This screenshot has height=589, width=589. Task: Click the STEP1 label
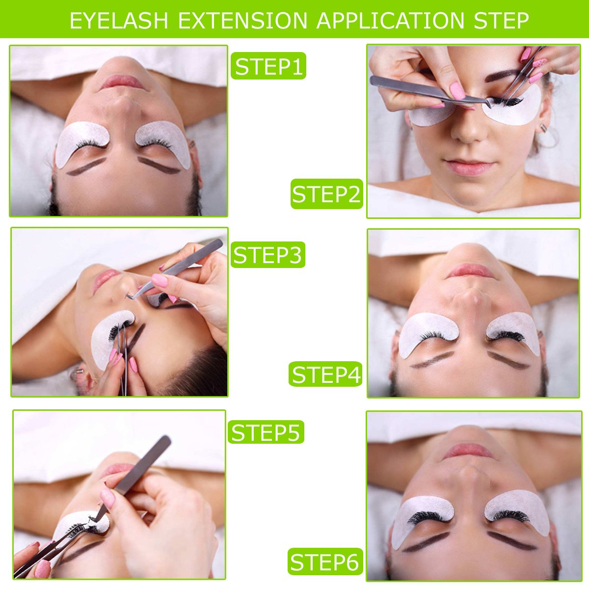point(268,66)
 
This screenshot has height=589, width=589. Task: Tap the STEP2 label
point(326,194)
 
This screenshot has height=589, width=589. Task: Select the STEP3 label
point(268,255)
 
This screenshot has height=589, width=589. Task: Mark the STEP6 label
point(325,562)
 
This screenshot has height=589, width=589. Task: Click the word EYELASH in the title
point(119,21)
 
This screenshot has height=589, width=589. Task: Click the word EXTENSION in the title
point(242,21)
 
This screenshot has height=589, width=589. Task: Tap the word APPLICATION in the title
point(390,21)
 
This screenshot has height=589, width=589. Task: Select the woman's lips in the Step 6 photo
point(467,451)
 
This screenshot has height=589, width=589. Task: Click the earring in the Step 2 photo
point(544,128)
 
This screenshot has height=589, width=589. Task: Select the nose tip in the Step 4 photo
point(470,297)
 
